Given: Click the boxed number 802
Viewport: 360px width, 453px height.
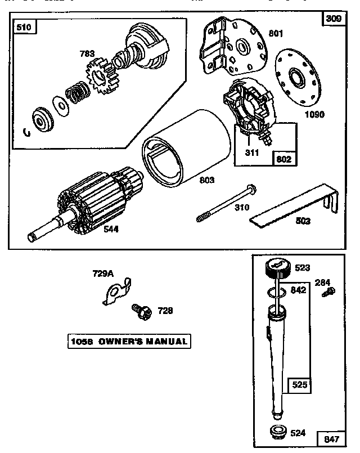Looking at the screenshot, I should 284,159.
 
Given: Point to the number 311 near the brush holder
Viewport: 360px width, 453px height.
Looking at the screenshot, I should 251,153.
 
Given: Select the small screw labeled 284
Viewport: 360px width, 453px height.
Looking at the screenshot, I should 331,291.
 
